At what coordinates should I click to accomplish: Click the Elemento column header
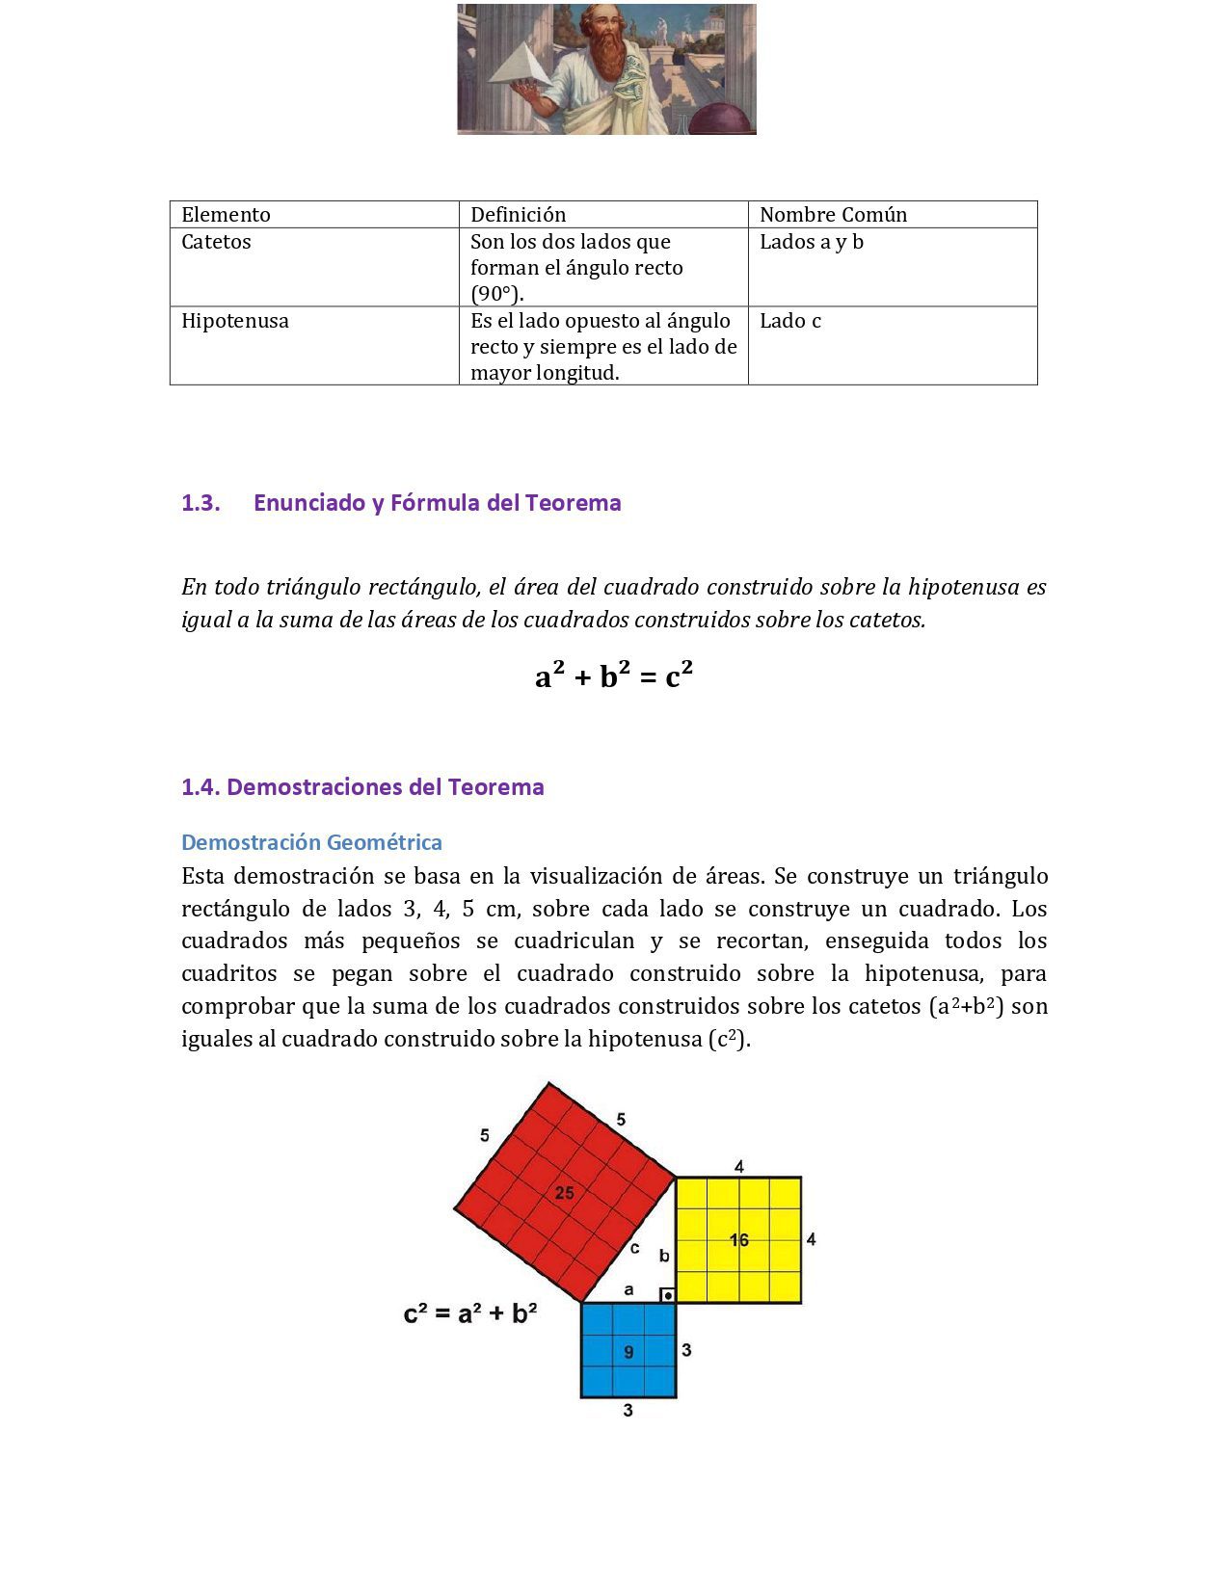(226, 215)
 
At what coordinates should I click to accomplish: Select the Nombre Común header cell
(833, 215)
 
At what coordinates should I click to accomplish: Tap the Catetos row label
(216, 242)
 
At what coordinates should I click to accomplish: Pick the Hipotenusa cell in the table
(235, 321)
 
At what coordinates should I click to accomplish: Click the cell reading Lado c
(790, 321)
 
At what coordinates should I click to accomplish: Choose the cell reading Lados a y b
(812, 242)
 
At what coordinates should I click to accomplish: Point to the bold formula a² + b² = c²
(614, 676)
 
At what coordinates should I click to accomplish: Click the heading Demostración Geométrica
(311, 842)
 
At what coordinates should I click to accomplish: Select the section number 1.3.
(200, 503)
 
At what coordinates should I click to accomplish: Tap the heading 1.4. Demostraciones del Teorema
(362, 787)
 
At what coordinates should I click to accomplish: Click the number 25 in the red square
(564, 1193)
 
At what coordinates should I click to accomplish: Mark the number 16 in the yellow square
(739, 1240)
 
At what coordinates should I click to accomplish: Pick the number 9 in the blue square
(628, 1352)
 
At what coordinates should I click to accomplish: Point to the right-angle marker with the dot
(667, 1295)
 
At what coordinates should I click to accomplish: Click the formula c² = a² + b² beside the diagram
(470, 1313)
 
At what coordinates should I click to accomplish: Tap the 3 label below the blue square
(628, 1411)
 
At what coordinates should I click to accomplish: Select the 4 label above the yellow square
(739, 1167)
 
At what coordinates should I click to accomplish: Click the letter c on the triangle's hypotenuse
(634, 1249)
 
